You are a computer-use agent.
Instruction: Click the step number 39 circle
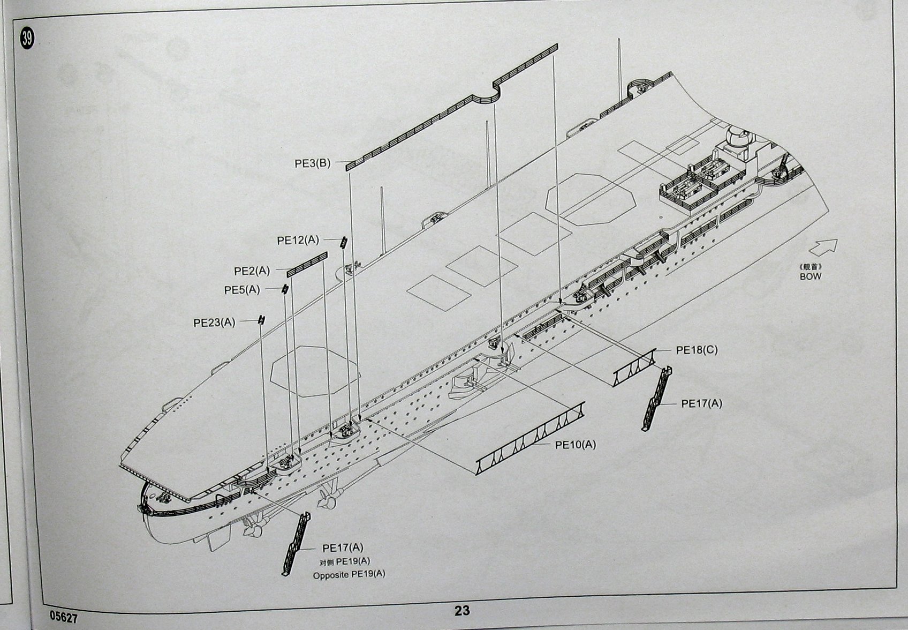(x=27, y=38)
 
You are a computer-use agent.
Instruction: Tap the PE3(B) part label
(x=313, y=163)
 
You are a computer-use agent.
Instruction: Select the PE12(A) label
(x=298, y=241)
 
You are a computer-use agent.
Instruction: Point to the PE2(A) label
(x=252, y=271)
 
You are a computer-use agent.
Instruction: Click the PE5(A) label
(x=242, y=290)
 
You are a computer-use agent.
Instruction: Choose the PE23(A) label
(x=214, y=322)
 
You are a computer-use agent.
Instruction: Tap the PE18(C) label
(x=697, y=350)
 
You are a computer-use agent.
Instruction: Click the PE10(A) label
(x=575, y=445)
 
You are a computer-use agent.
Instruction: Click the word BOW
(x=810, y=276)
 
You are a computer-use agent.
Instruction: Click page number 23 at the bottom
(x=461, y=611)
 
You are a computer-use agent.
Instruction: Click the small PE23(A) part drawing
(x=261, y=320)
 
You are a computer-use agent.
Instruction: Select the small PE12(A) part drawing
(x=343, y=242)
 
